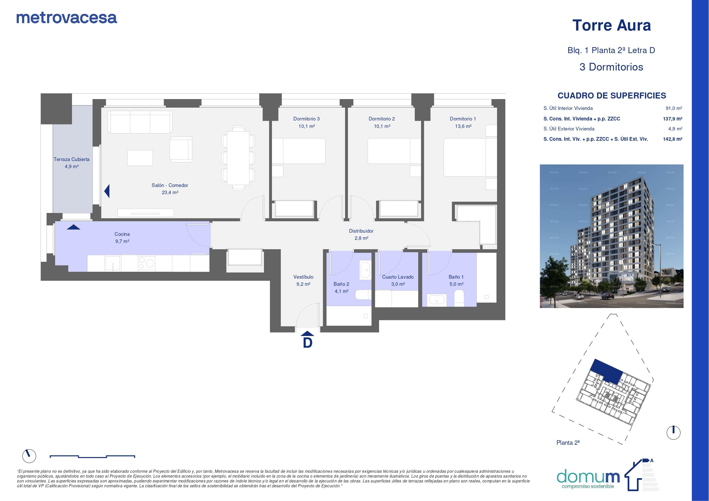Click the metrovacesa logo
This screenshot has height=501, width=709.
click(x=67, y=18)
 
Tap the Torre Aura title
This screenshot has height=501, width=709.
click(x=611, y=25)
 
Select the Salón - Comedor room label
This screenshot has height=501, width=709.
click(x=170, y=185)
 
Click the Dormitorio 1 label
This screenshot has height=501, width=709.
click(x=463, y=119)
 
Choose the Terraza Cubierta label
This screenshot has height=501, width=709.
click(x=72, y=159)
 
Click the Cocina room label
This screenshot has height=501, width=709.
click(x=122, y=234)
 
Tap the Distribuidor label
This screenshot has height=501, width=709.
click(x=361, y=231)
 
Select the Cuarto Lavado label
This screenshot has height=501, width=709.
click(x=398, y=277)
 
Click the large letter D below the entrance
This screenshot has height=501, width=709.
click(x=308, y=343)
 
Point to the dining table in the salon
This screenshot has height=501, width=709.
click(x=238, y=158)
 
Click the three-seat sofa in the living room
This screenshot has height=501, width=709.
click(x=140, y=122)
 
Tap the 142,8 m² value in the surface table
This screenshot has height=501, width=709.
click(x=672, y=139)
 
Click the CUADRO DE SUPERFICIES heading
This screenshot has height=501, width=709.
click(x=612, y=96)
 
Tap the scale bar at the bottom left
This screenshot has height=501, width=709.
click(x=92, y=456)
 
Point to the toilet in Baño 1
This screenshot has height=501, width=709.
click(x=459, y=297)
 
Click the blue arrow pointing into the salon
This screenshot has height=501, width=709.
click(x=107, y=191)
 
